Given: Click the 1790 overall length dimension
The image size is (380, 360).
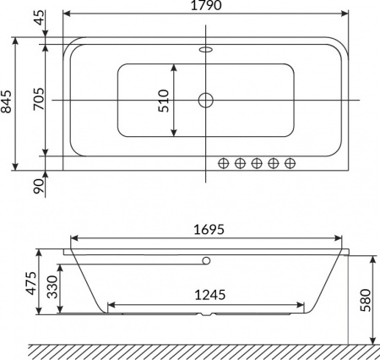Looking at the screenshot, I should click(207, 7).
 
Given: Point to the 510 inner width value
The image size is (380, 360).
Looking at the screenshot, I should click(165, 101).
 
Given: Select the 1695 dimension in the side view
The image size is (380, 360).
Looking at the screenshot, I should click(207, 229).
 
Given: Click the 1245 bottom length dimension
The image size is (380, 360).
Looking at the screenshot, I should click(207, 295).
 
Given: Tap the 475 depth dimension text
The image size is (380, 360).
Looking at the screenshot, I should click(31, 282).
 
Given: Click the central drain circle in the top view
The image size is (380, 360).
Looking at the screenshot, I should click(206, 101).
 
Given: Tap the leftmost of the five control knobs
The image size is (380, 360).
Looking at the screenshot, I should click(225, 162).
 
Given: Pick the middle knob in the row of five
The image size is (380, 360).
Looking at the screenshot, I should click(257, 162).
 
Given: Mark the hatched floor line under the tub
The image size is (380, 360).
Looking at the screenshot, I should click(203, 349).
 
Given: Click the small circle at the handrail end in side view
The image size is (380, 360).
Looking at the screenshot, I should click(205, 261).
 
